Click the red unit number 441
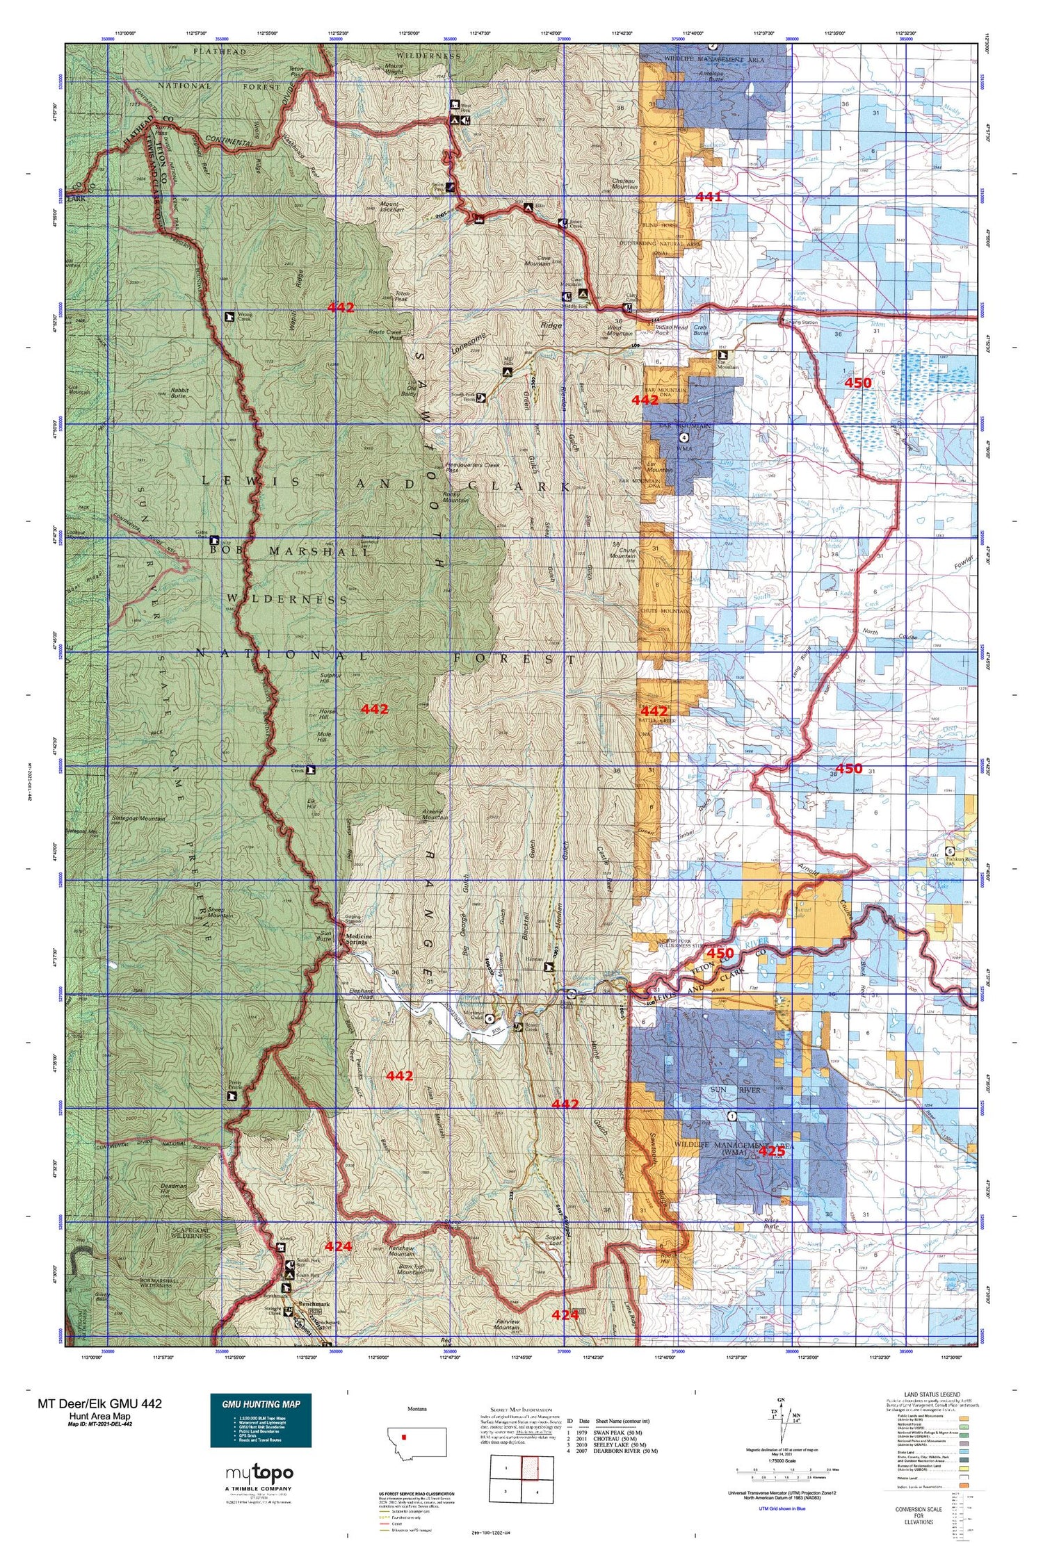[x=709, y=197]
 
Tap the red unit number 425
[x=771, y=1151]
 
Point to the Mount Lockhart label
[x=393, y=206]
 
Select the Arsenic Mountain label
[x=435, y=815]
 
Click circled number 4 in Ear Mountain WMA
[x=684, y=438]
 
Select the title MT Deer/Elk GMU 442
[x=100, y=1403]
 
